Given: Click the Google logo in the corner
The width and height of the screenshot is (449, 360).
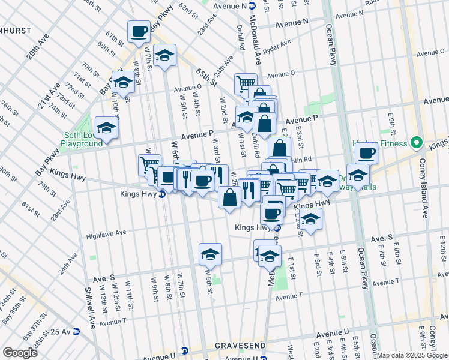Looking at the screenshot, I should pyautogui.click(x=20, y=353).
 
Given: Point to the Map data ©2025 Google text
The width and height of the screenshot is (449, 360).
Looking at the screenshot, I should pyautogui.click(x=412, y=355).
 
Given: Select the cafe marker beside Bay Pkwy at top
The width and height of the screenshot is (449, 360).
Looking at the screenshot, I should pyautogui.click(x=139, y=31).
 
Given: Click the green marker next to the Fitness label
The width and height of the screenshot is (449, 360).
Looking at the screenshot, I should pyautogui.click(x=415, y=143).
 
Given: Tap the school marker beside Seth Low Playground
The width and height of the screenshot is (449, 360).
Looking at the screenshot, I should pyautogui.click(x=107, y=128).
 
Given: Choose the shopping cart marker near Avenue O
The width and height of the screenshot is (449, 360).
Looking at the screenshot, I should pyautogui.click(x=245, y=83).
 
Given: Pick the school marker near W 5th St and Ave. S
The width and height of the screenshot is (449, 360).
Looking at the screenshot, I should pyautogui.click(x=210, y=254).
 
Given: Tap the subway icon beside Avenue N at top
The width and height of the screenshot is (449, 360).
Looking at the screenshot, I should pyautogui.click(x=252, y=5).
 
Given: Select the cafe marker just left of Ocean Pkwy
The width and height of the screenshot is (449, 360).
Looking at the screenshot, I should pyautogui.click(x=366, y=153).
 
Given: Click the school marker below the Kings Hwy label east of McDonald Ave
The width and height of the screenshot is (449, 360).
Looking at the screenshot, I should pyautogui.click(x=311, y=220).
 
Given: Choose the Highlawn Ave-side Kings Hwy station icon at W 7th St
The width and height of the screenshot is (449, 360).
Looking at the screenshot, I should pyautogui.click(x=162, y=202).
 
